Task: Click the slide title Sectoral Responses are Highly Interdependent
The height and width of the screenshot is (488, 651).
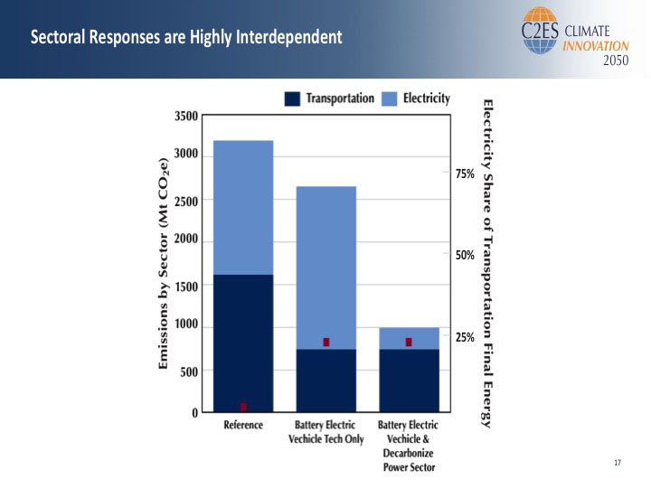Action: pos(186,38)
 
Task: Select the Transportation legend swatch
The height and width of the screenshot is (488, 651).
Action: pos(293,99)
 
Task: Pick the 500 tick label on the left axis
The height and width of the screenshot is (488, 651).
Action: pos(190,371)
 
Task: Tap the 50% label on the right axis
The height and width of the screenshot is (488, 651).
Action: pos(464,256)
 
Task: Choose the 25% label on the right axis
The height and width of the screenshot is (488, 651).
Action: pos(464,337)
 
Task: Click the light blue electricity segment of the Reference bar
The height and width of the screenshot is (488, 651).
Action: pos(243,207)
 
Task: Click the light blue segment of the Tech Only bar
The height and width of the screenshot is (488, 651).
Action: pos(326,267)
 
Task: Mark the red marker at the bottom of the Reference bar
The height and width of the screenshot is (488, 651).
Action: pos(243,408)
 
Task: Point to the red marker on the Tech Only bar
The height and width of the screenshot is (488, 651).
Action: pos(326,343)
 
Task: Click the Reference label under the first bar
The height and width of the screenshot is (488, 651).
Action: pos(243,426)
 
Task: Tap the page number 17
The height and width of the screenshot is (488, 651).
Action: pos(618,464)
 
